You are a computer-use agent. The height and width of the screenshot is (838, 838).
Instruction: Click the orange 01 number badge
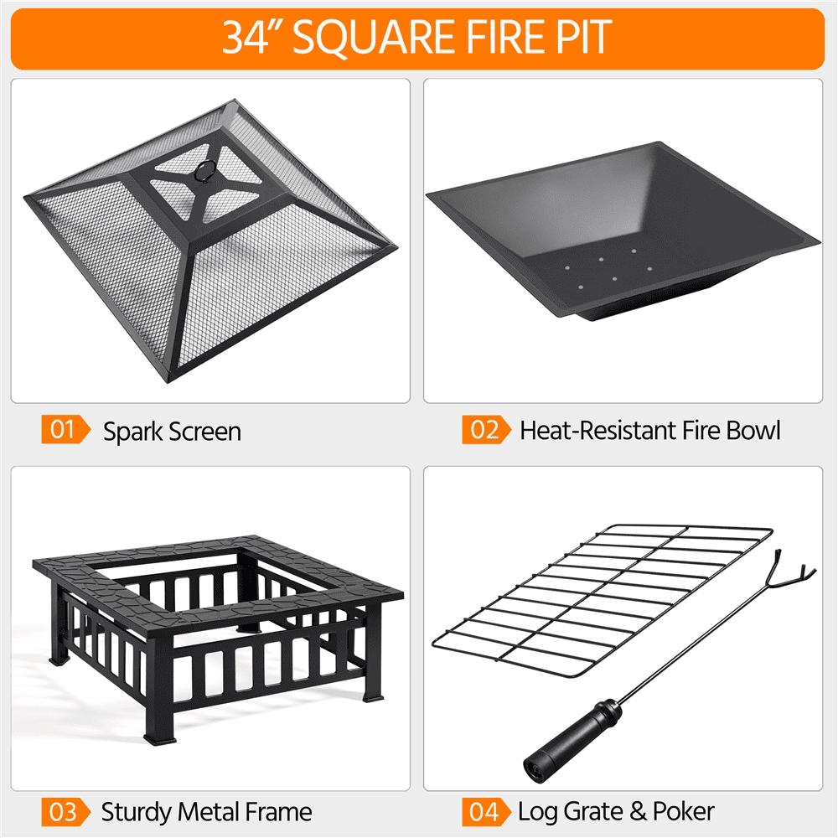[x=64, y=431]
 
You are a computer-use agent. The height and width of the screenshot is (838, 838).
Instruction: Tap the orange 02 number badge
[x=484, y=431]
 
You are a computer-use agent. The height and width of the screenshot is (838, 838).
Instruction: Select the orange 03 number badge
[x=64, y=811]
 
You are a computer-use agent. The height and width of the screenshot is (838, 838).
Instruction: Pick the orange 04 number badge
[x=484, y=811]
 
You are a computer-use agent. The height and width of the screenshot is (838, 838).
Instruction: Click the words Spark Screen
[x=172, y=432]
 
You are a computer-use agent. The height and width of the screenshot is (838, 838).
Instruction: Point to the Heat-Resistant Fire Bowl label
[x=649, y=431]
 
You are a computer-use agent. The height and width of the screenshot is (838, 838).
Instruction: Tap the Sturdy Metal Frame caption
[x=206, y=811]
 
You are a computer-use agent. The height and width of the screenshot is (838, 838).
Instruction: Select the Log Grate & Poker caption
[x=616, y=811]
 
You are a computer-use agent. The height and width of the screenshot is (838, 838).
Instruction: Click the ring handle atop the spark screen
[x=204, y=171]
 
